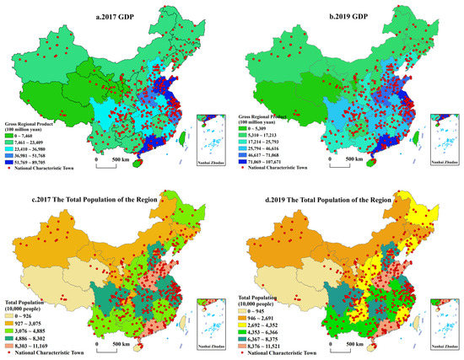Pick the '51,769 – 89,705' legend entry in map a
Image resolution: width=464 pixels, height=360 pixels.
[x=11, y=158]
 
